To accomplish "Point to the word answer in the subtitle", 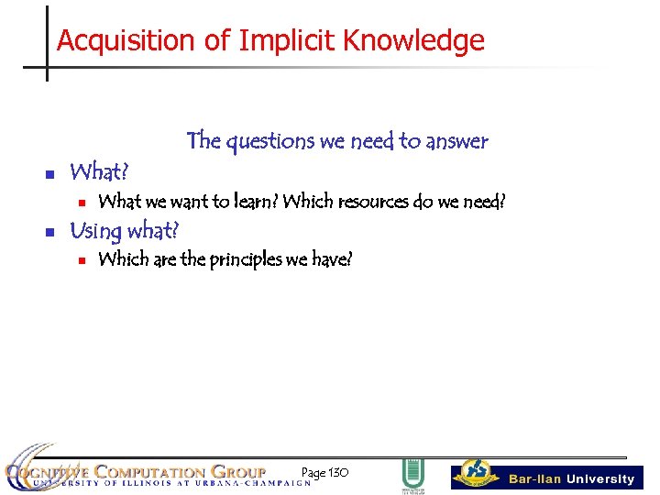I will [x=456, y=141].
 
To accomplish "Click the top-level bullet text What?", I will [x=100, y=171].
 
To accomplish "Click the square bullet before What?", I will [x=51, y=173].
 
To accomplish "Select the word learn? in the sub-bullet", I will [x=254, y=202].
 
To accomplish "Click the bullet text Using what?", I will [x=124, y=229].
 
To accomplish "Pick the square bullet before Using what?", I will [x=51, y=231].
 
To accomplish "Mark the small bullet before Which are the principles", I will [x=81, y=260].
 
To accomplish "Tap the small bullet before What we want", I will [x=81, y=203].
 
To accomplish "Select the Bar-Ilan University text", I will [x=571, y=479].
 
